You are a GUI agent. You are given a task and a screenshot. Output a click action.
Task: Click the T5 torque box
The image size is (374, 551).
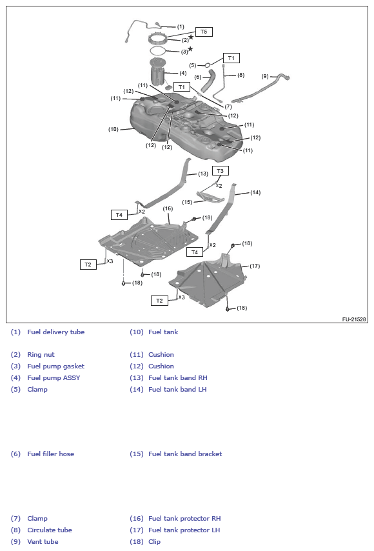click(204, 32)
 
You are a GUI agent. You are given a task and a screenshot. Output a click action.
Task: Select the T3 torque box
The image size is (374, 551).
click(221, 170)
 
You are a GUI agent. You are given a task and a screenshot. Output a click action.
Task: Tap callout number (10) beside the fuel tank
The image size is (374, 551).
click(113, 129)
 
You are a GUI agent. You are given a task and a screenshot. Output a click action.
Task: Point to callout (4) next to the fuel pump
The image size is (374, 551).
click(182, 73)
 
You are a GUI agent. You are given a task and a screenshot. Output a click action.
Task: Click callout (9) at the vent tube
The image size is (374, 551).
click(265, 76)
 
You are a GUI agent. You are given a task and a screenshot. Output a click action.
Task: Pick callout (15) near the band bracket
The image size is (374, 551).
click(187, 202)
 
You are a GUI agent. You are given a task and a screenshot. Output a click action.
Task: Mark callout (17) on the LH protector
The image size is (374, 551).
click(255, 266)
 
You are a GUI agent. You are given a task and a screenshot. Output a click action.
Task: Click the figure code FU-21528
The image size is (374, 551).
click(354, 319)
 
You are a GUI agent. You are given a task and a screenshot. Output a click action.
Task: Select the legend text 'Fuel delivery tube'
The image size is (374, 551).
click(55, 332)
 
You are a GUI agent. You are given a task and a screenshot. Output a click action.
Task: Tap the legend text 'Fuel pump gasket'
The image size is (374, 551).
click(55, 366)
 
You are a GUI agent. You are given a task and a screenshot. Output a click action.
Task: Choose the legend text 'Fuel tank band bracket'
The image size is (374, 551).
click(185, 454)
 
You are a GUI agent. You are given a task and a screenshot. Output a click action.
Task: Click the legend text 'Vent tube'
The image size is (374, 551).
click(43, 542)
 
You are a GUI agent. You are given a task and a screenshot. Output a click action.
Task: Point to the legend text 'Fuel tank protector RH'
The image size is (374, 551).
click(184, 519)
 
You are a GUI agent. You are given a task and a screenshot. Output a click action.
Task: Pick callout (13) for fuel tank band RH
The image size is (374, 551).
click(203, 174)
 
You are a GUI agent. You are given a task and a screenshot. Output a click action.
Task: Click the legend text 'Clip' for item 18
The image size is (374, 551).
click(154, 542)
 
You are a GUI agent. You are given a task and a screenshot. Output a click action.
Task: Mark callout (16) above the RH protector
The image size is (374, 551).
click(168, 208)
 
